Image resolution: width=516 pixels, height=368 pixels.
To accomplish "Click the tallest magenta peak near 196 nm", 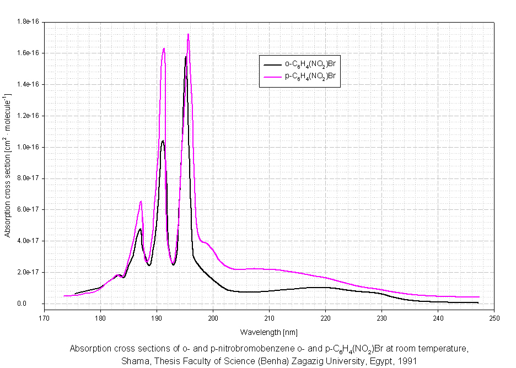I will pos(188,35).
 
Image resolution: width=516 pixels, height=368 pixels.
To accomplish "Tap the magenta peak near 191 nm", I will pos(164,49).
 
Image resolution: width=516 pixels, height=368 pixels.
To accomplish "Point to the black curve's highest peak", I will pos(186,56).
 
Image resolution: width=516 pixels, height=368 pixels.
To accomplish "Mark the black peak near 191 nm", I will pos(163,140).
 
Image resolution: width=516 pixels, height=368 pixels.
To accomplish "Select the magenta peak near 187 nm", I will pos(141,202).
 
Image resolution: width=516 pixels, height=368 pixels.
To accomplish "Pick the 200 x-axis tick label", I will pos(213,318).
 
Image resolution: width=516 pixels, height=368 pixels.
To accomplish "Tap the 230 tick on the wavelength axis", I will pos(381,318).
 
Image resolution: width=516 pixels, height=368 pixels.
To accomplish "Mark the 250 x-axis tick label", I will pos(494,318).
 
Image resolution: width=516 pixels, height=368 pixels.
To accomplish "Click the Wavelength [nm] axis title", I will pos(261,332).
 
